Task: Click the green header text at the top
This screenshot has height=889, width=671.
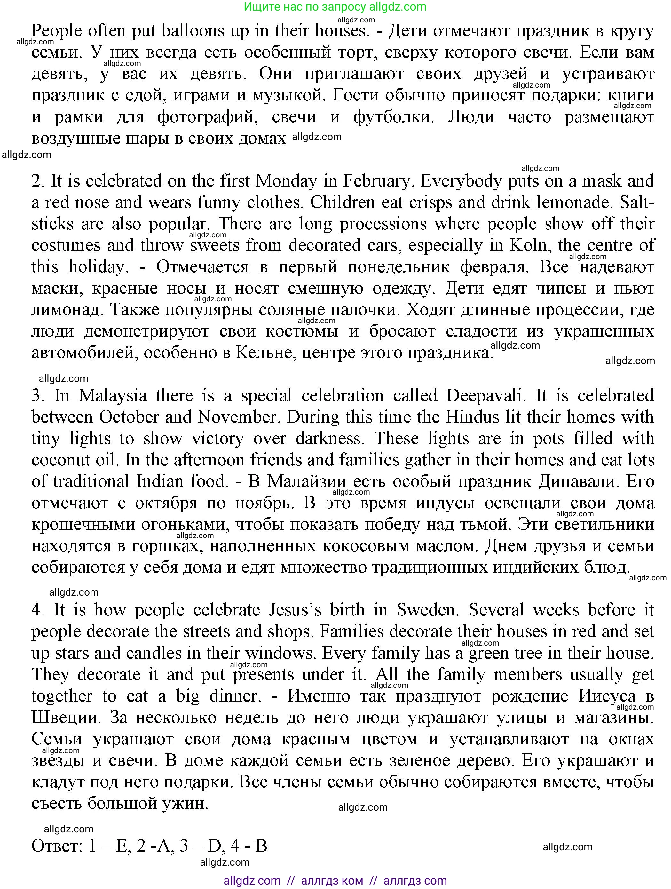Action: click(335, 7)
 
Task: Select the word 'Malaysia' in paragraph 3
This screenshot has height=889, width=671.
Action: click(113, 396)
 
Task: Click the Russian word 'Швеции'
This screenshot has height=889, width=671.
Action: click(65, 718)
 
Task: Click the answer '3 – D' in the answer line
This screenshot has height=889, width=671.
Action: click(201, 845)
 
